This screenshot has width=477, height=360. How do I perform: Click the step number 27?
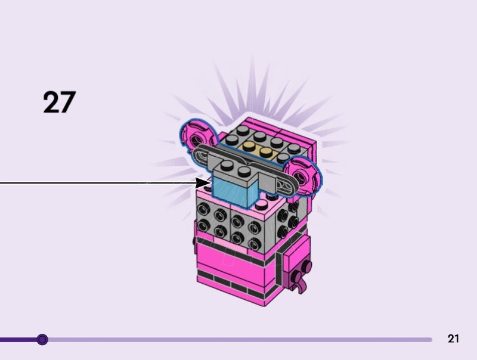pyautogui.click(x=59, y=102)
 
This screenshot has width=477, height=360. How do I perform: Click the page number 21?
pyautogui.click(x=453, y=339)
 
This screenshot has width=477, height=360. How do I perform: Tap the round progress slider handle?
pyautogui.click(x=42, y=339)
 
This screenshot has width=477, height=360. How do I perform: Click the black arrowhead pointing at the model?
pyautogui.click(x=202, y=183)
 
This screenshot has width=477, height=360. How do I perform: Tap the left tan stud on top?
pyautogui.click(x=249, y=146)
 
